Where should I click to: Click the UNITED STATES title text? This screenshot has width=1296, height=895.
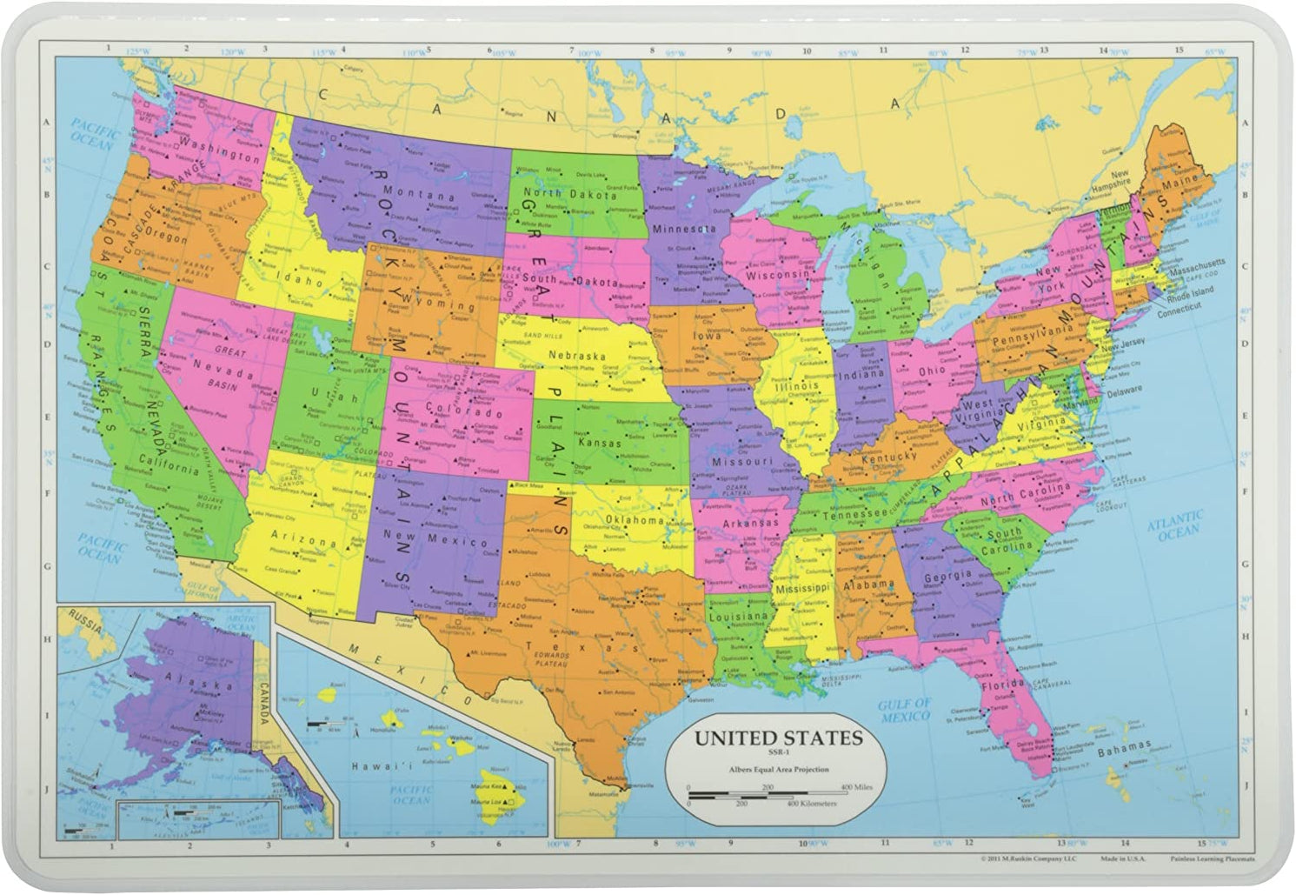pyautogui.click(x=778, y=739)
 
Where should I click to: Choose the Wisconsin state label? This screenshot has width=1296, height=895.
pyautogui.click(x=777, y=274)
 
